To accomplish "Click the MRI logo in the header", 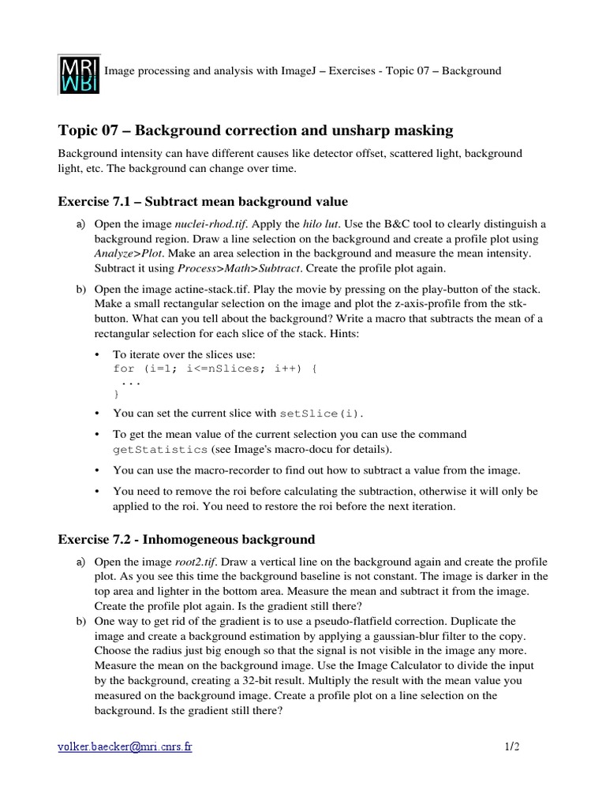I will click(x=79, y=73).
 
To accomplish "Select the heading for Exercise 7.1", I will click(x=203, y=201).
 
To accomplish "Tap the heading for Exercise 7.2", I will click(x=186, y=540).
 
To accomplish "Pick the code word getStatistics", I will click(x=161, y=449).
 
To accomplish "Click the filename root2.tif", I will click(x=196, y=563).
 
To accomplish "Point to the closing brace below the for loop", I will click(x=118, y=393).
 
